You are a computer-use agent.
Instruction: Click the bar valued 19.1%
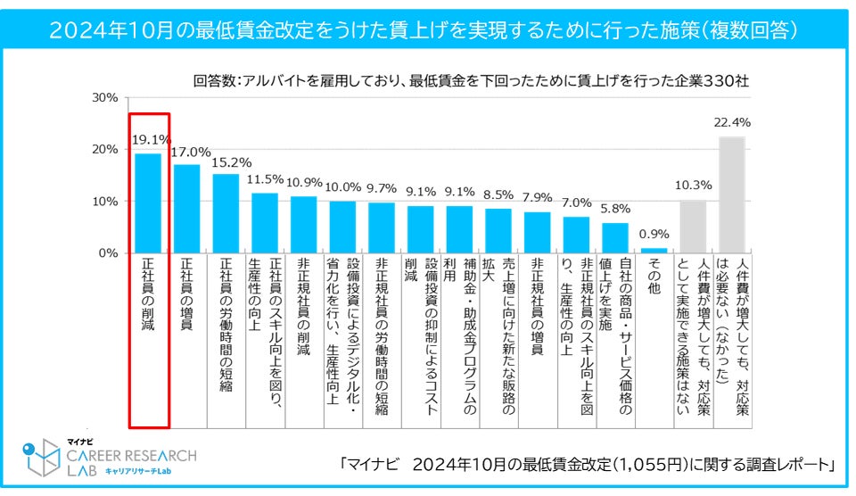[148, 203]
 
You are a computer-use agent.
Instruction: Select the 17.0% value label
[186, 153]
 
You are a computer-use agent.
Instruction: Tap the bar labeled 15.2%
[226, 214]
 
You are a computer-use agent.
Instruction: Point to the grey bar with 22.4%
[731, 195]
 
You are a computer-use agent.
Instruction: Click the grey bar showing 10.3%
[693, 227]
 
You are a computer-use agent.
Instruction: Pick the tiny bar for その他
[654, 251]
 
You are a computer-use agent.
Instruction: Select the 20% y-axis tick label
[105, 149]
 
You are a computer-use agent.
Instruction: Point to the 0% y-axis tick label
[109, 253]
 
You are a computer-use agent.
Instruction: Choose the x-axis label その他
[654, 277]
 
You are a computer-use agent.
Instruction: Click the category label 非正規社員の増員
[537, 308]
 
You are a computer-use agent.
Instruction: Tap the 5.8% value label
[615, 210]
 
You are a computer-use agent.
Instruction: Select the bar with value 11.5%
[265, 223]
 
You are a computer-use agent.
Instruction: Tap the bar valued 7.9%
[537, 232]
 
